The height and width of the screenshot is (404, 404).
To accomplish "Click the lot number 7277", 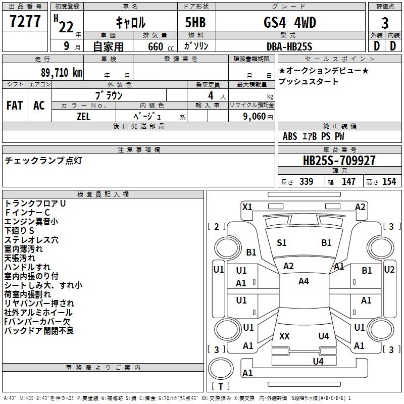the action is pos(25,22).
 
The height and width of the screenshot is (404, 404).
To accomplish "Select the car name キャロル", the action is pos(131,22).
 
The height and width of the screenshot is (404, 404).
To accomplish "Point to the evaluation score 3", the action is pos(385,23).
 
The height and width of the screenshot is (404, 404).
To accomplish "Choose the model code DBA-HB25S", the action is pos(290,46).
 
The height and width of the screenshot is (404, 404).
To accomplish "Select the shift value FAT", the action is pos(15,106).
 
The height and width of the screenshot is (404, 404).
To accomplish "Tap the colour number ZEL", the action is pos(84,116).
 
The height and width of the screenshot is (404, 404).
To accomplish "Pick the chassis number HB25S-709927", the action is pos(339,161).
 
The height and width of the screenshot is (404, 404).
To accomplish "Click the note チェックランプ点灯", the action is pos(43,161).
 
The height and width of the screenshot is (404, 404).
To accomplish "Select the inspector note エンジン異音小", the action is pos(31,221).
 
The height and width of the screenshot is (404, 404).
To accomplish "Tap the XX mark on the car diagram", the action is pos(284,336).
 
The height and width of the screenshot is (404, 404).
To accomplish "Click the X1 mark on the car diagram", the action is pos(247,207).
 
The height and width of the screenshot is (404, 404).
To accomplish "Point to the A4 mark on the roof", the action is pos(303,281).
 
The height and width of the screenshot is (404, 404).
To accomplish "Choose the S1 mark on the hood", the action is pos(282,243).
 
